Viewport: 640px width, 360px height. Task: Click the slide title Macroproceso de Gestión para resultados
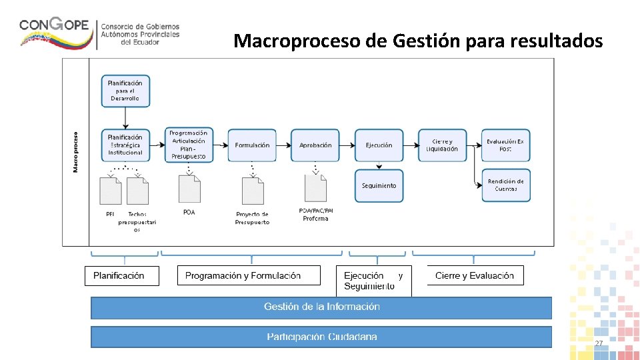point(418,41)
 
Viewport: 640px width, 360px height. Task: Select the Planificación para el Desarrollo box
point(125,91)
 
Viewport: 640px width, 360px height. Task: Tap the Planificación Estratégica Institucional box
point(125,145)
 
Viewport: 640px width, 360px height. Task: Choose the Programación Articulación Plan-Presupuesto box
point(189,145)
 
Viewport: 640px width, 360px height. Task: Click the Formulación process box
point(252,145)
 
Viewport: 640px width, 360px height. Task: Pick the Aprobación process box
point(315,145)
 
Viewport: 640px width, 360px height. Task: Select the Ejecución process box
point(379,145)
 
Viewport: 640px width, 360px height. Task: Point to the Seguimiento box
point(379,186)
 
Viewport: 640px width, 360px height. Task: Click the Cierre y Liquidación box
point(442,145)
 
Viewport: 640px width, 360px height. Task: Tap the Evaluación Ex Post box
point(505,145)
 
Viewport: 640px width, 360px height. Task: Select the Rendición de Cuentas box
point(506,185)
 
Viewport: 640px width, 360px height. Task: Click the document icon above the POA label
point(189,188)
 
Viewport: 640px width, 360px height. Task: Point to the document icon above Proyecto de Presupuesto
point(252,191)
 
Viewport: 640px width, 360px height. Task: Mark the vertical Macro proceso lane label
point(75,152)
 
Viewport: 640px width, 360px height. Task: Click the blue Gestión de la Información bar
point(321,307)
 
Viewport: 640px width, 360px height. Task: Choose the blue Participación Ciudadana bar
point(321,337)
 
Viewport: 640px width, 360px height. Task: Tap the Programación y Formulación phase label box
point(249,275)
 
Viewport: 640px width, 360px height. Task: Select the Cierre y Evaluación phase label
point(474,275)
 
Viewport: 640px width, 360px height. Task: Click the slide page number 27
point(599,343)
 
